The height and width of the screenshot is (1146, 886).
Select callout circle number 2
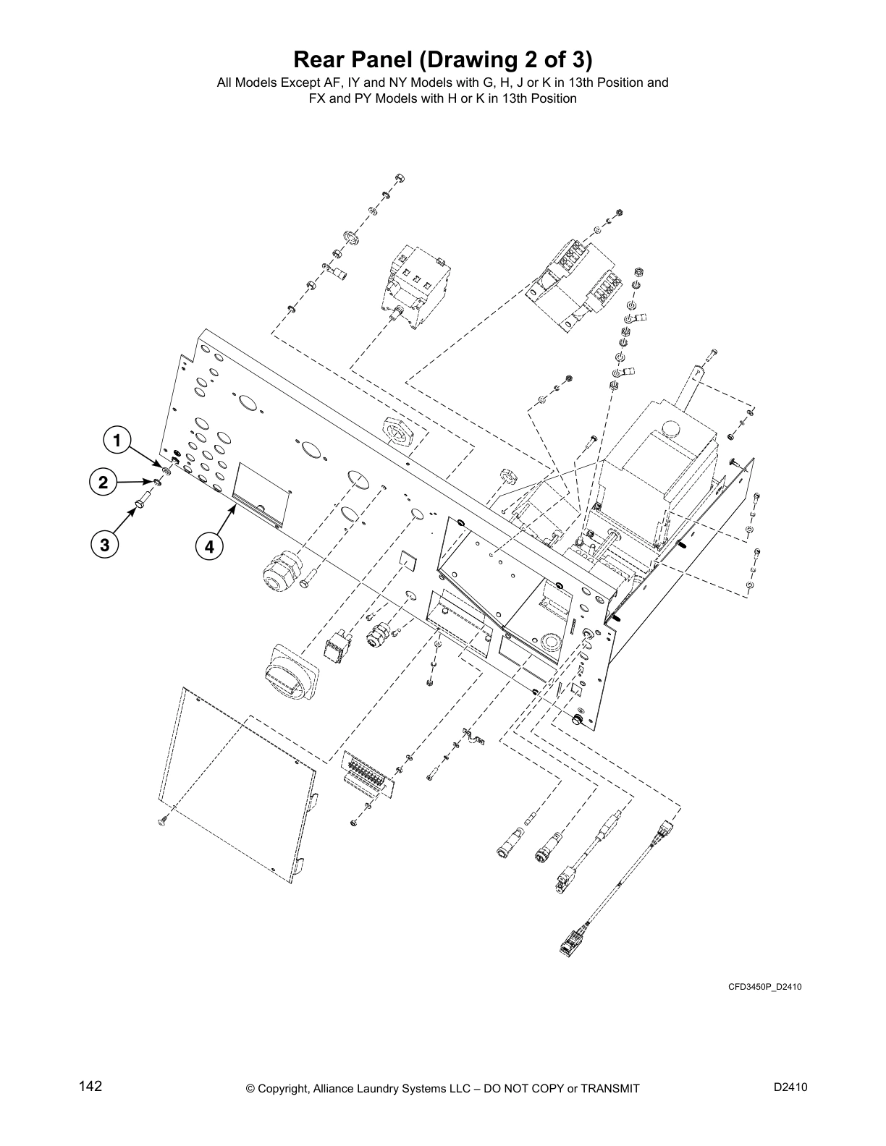coord(104,483)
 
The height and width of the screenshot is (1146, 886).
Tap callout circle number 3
coord(105,546)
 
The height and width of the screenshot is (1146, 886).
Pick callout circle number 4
coord(209,547)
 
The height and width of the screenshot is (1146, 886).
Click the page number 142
coord(90,1087)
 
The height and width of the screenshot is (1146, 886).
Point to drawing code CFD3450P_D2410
coord(764,987)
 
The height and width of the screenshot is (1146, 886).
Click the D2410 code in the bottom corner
coord(790,1087)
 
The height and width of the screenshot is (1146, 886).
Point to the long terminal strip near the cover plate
coord(370,776)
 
